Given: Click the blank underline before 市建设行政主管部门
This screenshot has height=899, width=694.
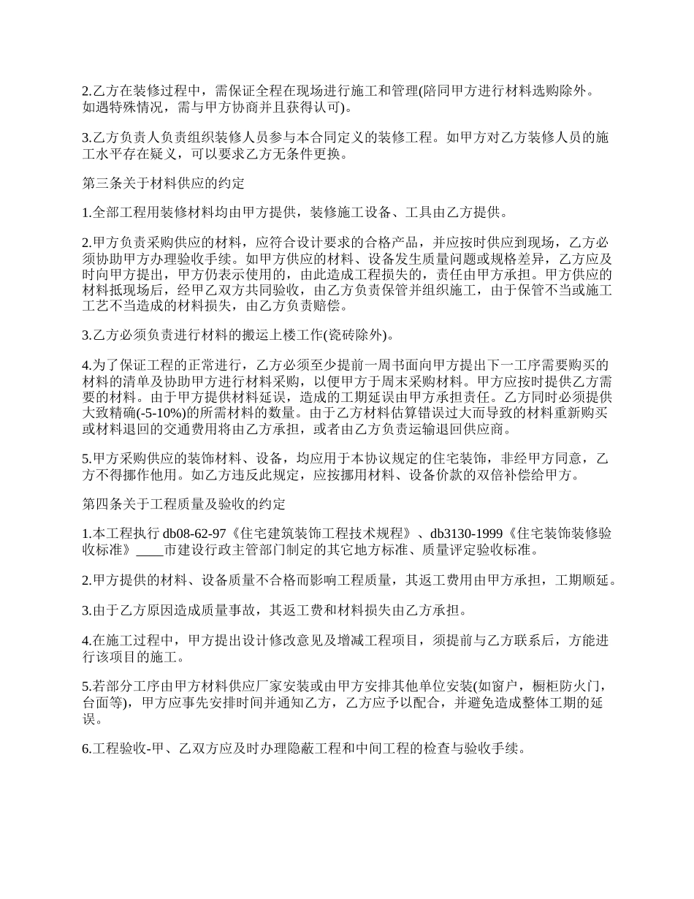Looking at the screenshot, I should [x=150, y=549].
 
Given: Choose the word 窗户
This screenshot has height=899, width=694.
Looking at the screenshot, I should [x=506, y=686].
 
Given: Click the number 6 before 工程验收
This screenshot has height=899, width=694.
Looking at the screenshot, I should [x=85, y=749].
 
